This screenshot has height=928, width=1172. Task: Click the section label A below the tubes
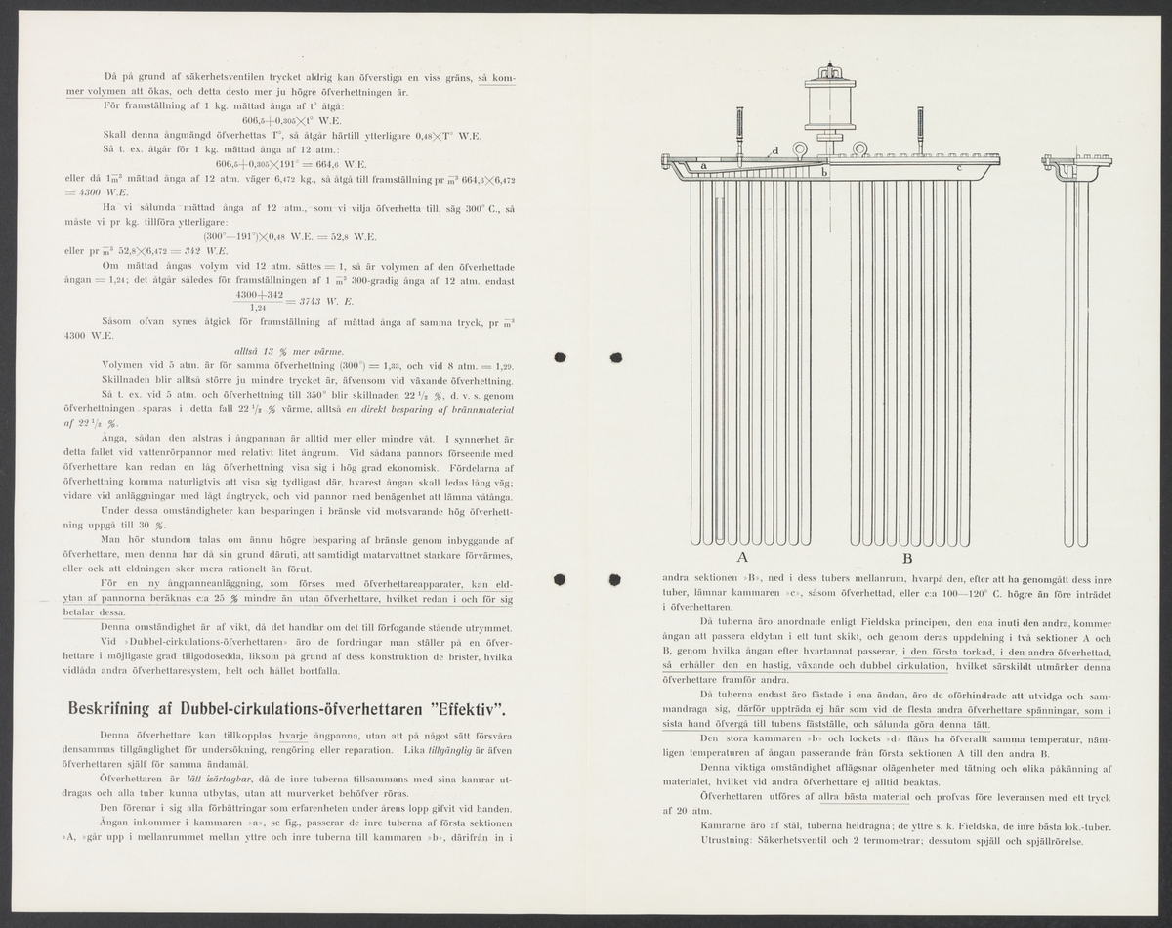click(x=742, y=559)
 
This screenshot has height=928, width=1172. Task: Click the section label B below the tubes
click(x=907, y=559)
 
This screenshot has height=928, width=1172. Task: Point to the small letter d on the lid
click(x=774, y=151)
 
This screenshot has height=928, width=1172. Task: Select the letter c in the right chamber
click(x=959, y=168)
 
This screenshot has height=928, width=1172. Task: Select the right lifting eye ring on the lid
click(x=860, y=149)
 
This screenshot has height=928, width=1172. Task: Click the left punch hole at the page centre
click(x=561, y=356)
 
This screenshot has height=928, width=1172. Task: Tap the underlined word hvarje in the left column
click(x=296, y=733)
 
